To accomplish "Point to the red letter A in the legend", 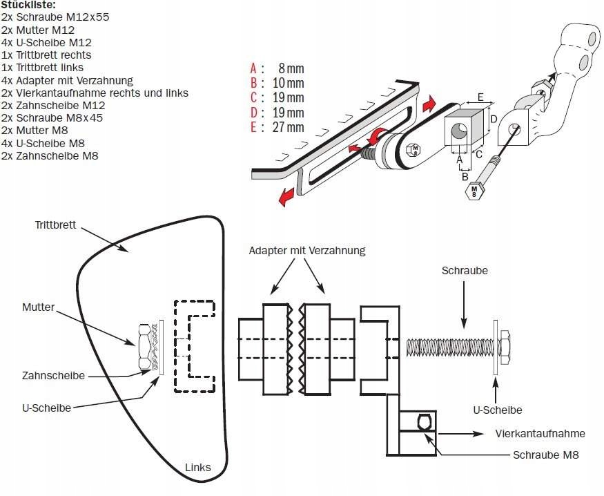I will [253, 68].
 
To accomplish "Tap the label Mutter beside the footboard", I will [38, 307].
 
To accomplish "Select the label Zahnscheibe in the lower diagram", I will [52, 376].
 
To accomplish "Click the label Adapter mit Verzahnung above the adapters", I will [306, 250].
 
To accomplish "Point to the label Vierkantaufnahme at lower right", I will [540, 434].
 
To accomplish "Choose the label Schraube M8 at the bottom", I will [545, 455].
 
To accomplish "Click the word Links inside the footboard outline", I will [198, 468].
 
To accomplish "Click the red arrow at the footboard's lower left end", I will [283, 199].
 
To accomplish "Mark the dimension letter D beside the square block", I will [494, 118].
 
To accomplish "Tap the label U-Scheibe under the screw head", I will [497, 410].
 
